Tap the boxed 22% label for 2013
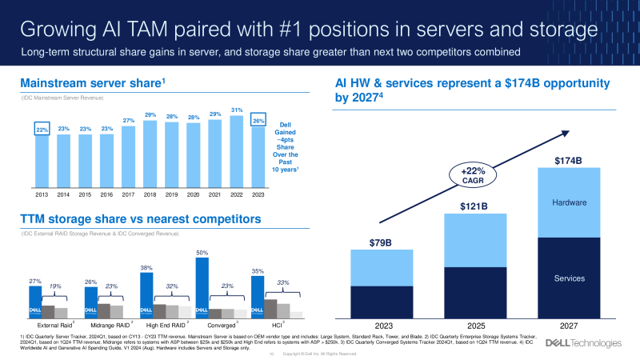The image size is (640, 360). (42, 130)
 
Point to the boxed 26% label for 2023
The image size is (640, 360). (258, 121)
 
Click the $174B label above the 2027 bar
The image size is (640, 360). (569, 161)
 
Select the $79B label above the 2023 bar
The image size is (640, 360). (382, 242)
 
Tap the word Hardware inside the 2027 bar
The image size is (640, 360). (569, 203)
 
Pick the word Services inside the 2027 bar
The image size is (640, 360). (569, 278)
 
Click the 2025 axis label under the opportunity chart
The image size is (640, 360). (475, 326)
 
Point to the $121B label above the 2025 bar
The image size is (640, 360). (475, 206)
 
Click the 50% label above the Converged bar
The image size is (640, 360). (202, 252)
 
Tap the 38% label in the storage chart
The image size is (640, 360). (146, 268)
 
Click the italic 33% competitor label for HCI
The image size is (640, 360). (283, 282)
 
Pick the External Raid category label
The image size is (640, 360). (55, 326)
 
